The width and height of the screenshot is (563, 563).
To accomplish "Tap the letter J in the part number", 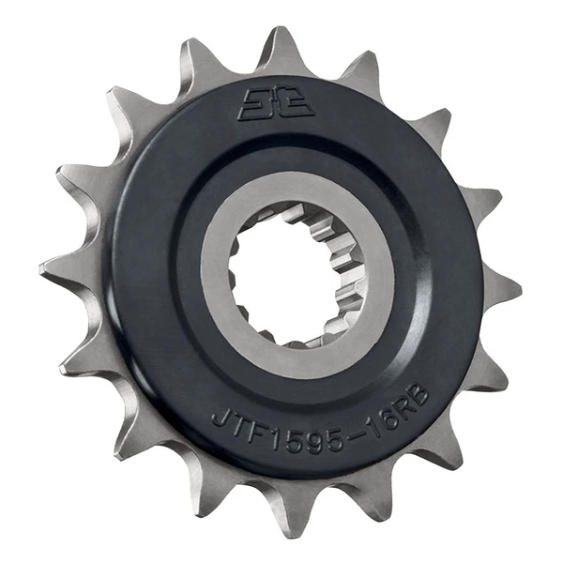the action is pos(221,418).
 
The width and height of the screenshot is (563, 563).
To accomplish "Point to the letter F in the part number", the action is pos(259,434).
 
